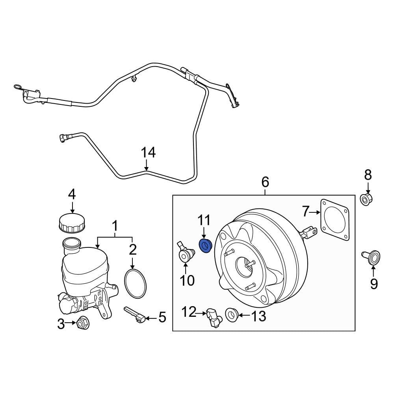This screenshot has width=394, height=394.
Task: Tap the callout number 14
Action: point(149,153)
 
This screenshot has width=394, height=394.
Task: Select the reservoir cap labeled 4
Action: point(72,223)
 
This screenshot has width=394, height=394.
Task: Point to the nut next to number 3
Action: point(82,323)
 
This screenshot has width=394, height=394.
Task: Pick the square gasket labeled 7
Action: point(335,219)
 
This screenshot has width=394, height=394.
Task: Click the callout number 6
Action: point(265,182)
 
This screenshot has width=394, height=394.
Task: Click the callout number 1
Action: point(115,227)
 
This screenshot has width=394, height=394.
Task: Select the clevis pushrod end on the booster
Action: point(309,232)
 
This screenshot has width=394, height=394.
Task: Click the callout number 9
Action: point(373,283)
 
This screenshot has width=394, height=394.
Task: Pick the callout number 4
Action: point(72,195)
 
